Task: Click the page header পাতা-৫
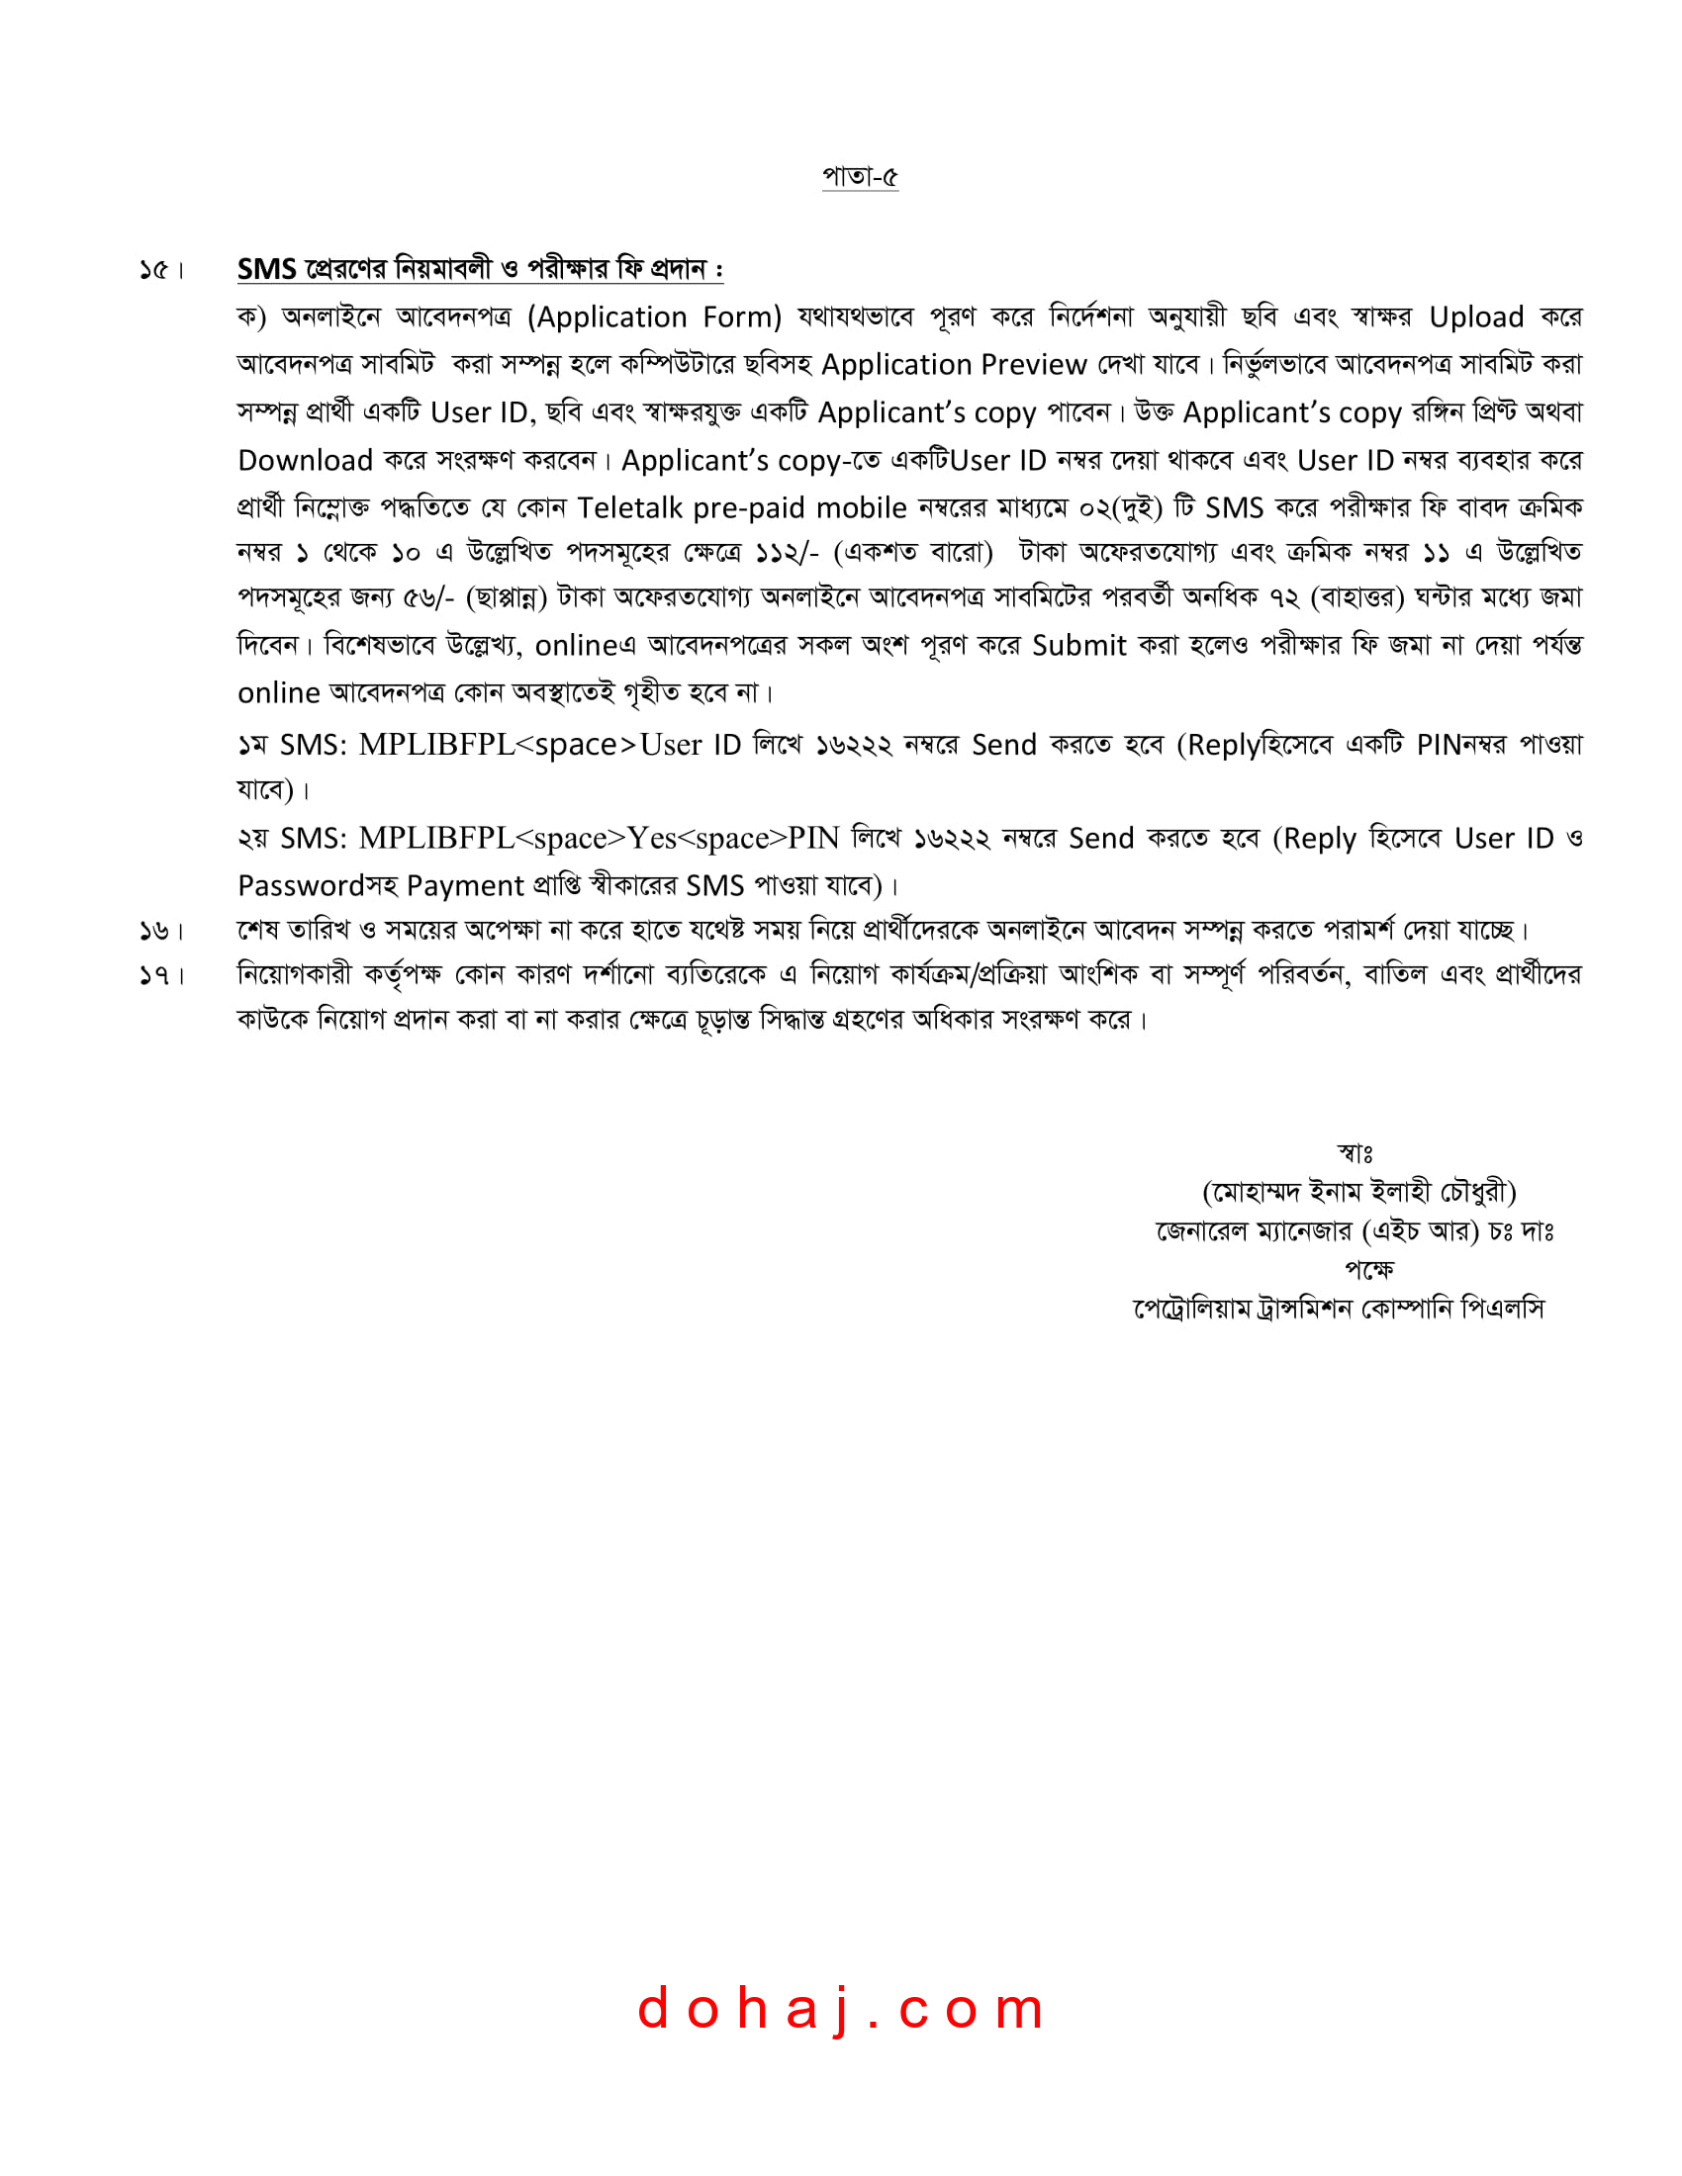tap(859, 176)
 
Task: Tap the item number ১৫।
tap(161, 270)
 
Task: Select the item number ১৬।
tap(161, 931)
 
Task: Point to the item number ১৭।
tap(161, 975)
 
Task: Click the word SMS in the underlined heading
tap(266, 269)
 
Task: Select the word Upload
tap(1476, 317)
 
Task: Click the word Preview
tap(1033, 365)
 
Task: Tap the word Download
tap(305, 460)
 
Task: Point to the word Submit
tap(1079, 646)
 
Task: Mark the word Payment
tap(464, 886)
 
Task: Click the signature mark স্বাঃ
tap(1355, 1153)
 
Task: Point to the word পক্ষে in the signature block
tap(1369, 1269)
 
